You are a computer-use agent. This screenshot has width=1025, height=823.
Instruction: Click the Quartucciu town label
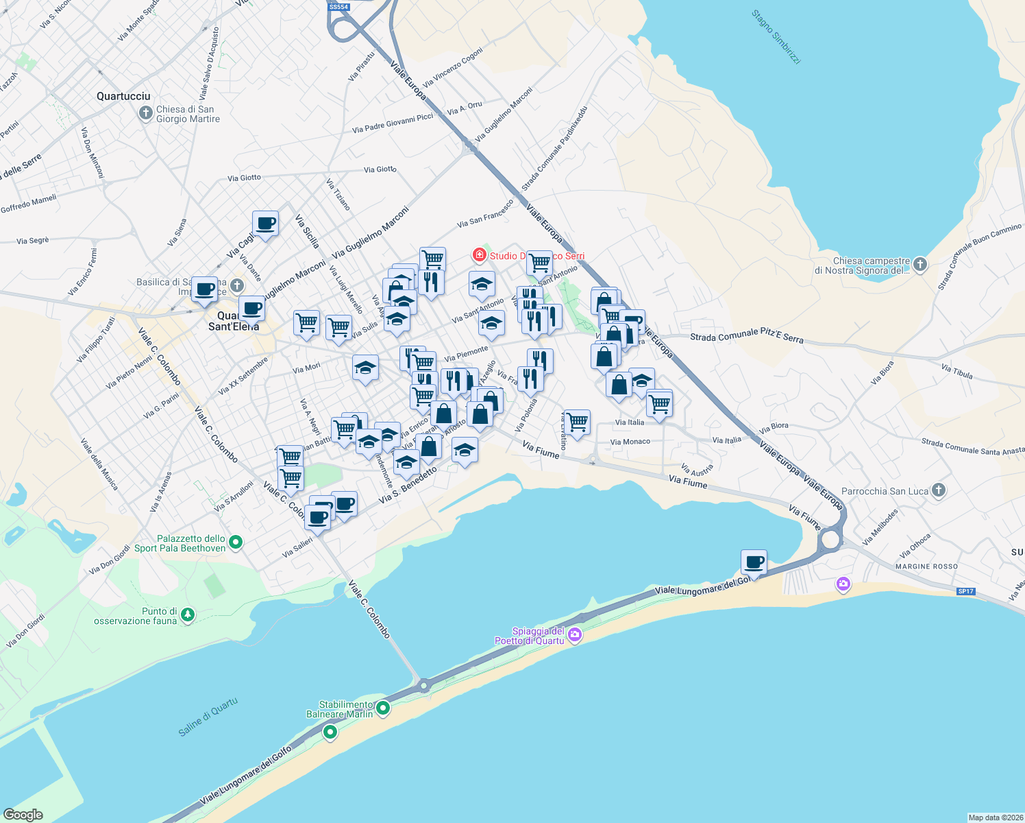(123, 96)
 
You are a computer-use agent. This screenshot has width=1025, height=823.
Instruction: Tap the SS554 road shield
(338, 7)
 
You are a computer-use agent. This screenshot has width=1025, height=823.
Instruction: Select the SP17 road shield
(965, 591)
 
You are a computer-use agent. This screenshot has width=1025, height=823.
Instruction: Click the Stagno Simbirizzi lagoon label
(776, 36)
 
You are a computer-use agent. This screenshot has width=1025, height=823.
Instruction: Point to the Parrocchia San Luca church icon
(939, 490)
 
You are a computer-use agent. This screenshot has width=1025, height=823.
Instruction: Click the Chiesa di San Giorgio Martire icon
(145, 113)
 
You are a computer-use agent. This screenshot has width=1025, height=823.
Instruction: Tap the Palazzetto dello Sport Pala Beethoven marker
(236, 542)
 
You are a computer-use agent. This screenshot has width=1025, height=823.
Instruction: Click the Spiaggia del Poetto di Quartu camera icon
(575, 635)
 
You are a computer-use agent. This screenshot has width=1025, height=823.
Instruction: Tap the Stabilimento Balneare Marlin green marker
(383, 708)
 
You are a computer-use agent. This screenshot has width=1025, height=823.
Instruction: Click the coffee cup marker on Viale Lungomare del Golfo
(754, 562)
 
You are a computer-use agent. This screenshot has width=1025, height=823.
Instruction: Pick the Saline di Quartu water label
(208, 717)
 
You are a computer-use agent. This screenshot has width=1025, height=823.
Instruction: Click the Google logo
(23, 815)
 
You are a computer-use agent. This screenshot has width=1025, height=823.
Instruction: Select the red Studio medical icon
(479, 256)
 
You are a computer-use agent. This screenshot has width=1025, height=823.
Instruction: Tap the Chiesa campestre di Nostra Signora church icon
(919, 264)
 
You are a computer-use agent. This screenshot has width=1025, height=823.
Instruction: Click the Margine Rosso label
(926, 566)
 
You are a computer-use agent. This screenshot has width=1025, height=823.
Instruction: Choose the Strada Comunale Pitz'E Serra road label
(746, 336)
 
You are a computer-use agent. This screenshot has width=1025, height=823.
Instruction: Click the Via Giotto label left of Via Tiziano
(244, 178)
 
